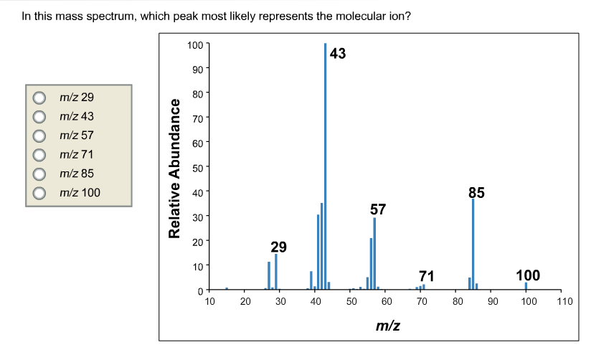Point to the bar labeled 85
pos(473,244)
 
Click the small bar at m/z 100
pos(526,286)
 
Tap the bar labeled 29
pos(276,272)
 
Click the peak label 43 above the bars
pos(338,54)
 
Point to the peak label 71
pos(427,275)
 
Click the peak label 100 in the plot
pos(528,275)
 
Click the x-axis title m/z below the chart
pos(387,326)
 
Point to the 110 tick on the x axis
pos(564,302)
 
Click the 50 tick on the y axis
pos(197,166)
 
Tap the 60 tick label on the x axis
pos(386,302)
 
